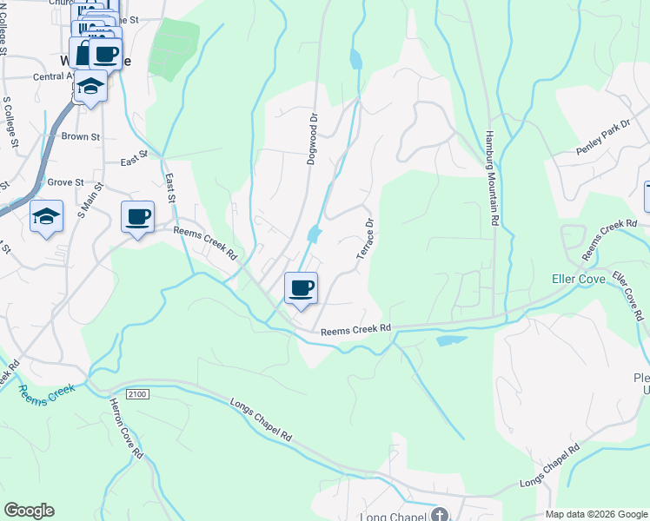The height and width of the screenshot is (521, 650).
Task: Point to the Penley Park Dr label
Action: coord(602,139)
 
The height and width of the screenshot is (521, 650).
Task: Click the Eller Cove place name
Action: coord(578,279)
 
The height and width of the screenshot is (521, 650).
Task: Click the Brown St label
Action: coord(81,137)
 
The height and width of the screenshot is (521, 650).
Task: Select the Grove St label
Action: coord(64,182)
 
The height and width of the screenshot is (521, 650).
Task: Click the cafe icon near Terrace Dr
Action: coord(301,287)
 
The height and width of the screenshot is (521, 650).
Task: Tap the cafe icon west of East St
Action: coord(137,216)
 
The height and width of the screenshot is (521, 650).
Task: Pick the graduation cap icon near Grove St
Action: coord(46,216)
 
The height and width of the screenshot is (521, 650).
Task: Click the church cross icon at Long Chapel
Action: coord(441,515)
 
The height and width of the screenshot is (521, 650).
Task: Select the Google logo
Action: coord(29,511)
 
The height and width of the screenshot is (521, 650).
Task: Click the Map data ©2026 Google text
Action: coord(595,514)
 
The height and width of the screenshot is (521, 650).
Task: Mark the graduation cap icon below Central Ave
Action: coord(90,85)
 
